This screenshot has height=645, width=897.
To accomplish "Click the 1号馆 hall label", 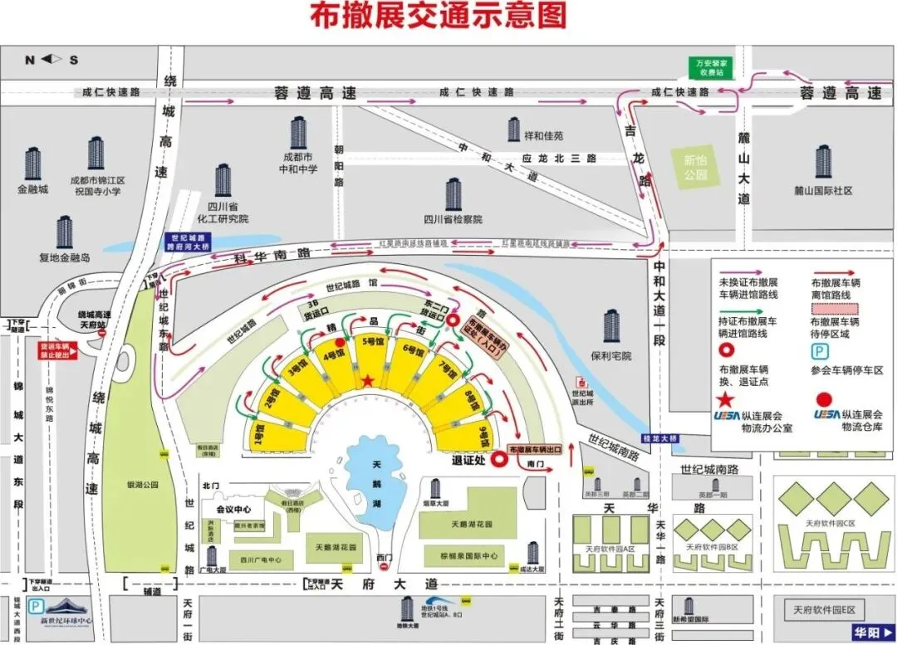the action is pos(259,431).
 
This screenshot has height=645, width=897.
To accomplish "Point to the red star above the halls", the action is pos(368,380).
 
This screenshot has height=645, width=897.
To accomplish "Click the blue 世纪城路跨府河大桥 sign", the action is pos(189,242).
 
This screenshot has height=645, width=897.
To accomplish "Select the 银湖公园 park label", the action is pos(142,484).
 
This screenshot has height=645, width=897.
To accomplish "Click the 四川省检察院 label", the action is pos(452,219).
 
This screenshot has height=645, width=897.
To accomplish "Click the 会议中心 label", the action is pos(233,509).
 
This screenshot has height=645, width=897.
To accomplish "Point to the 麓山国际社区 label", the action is pos(823,191).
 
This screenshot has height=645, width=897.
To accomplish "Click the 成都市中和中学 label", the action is pos(298,164).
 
